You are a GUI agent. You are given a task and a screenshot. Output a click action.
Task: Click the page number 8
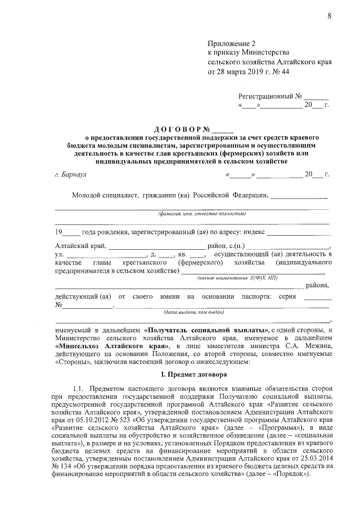329,16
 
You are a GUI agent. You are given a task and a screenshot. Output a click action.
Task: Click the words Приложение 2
232,43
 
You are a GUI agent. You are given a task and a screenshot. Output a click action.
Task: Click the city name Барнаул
74,175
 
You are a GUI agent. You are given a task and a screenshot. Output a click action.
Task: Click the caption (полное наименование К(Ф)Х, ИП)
237,278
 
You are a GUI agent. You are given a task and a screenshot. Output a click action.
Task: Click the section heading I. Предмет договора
191,374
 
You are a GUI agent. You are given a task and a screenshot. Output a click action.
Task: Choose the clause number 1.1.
79,389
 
